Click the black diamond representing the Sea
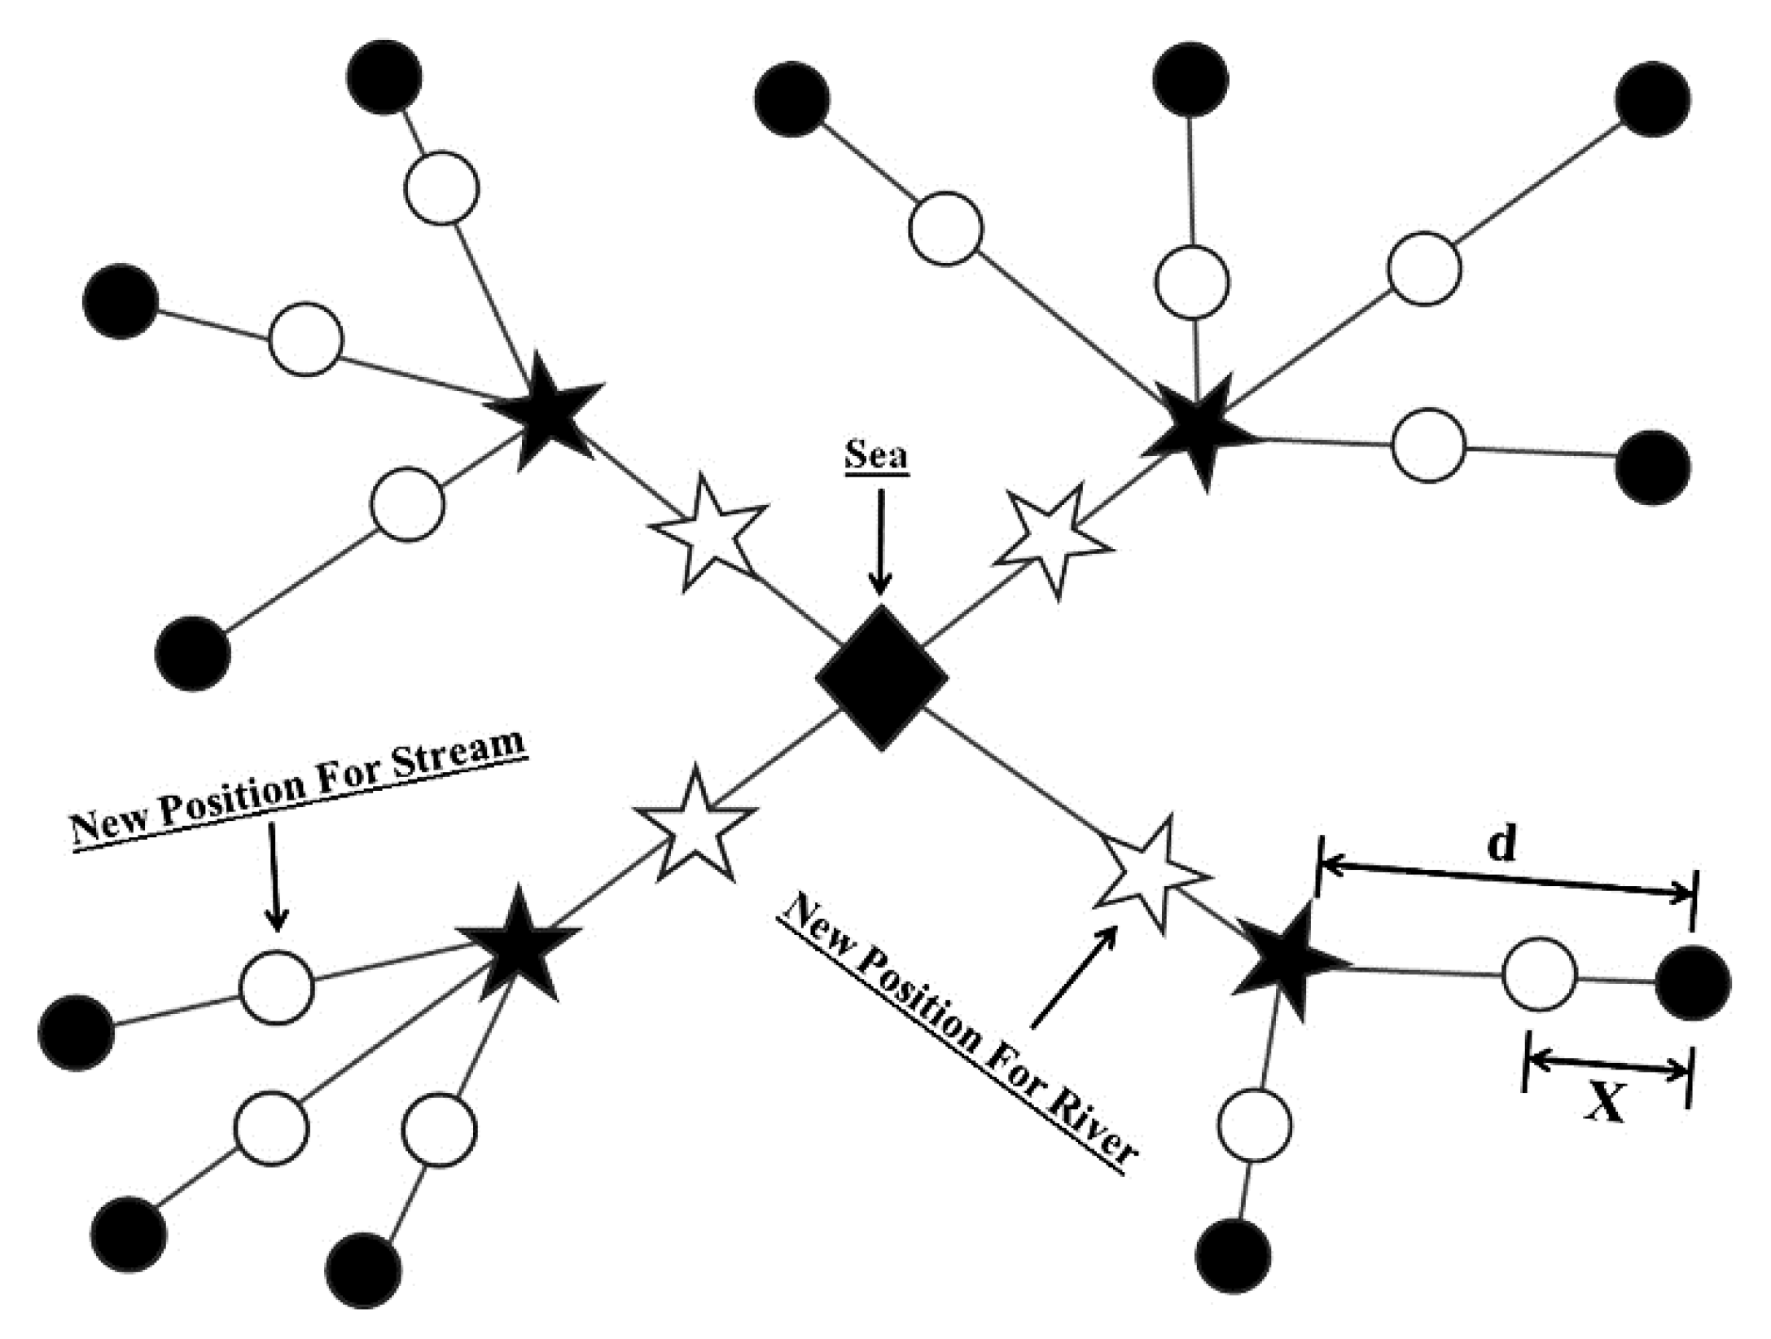pos(882,678)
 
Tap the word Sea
pos(875,454)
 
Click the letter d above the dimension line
pos(1501,845)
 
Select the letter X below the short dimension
pos(1605,1105)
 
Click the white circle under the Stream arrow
pos(276,987)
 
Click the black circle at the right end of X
pos(1693,983)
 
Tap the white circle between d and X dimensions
pos(1538,975)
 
